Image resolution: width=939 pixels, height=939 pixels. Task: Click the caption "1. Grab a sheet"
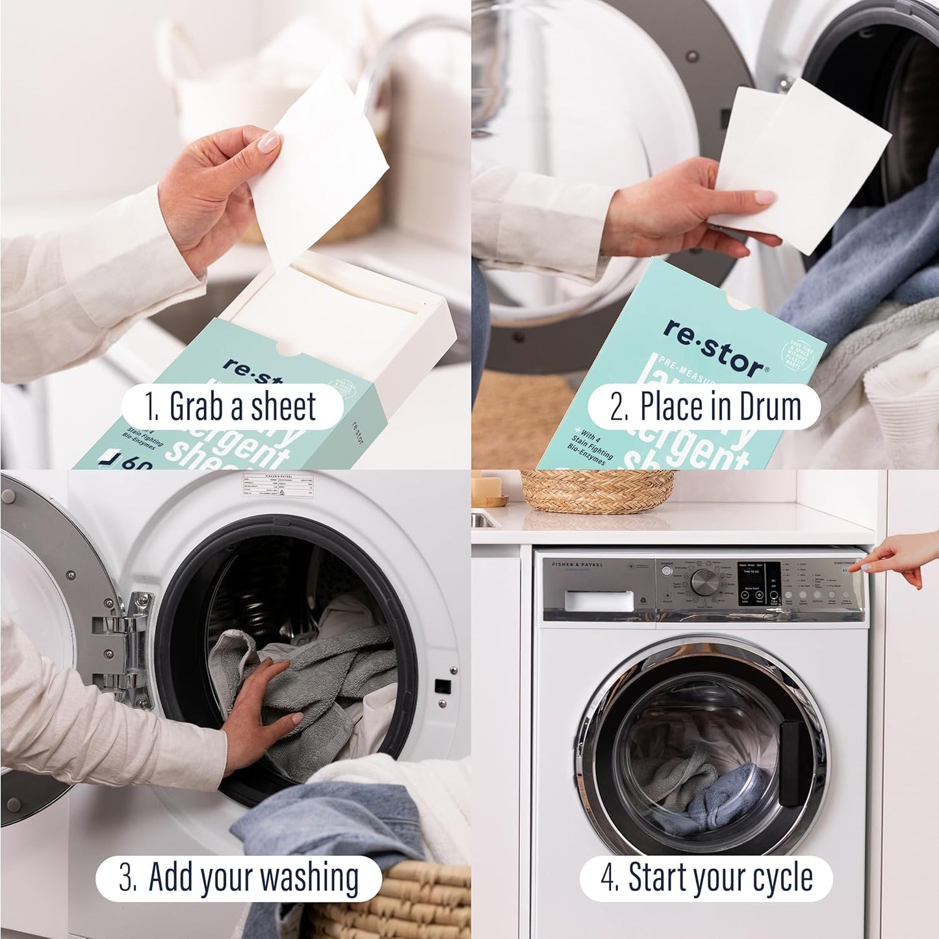pyautogui.click(x=231, y=407)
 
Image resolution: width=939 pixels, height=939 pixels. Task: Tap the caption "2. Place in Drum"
pyautogui.click(x=704, y=407)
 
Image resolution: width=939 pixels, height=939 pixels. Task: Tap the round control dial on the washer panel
pyautogui.click(x=702, y=582)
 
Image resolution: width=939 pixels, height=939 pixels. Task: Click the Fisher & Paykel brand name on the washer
pyautogui.click(x=573, y=565)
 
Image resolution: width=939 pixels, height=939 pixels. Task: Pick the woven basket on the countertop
pyautogui.click(x=598, y=491)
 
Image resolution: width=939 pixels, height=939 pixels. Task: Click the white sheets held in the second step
pyautogui.click(x=803, y=166)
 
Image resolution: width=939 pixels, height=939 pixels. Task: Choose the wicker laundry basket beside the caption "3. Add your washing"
pyautogui.click(x=416, y=900)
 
